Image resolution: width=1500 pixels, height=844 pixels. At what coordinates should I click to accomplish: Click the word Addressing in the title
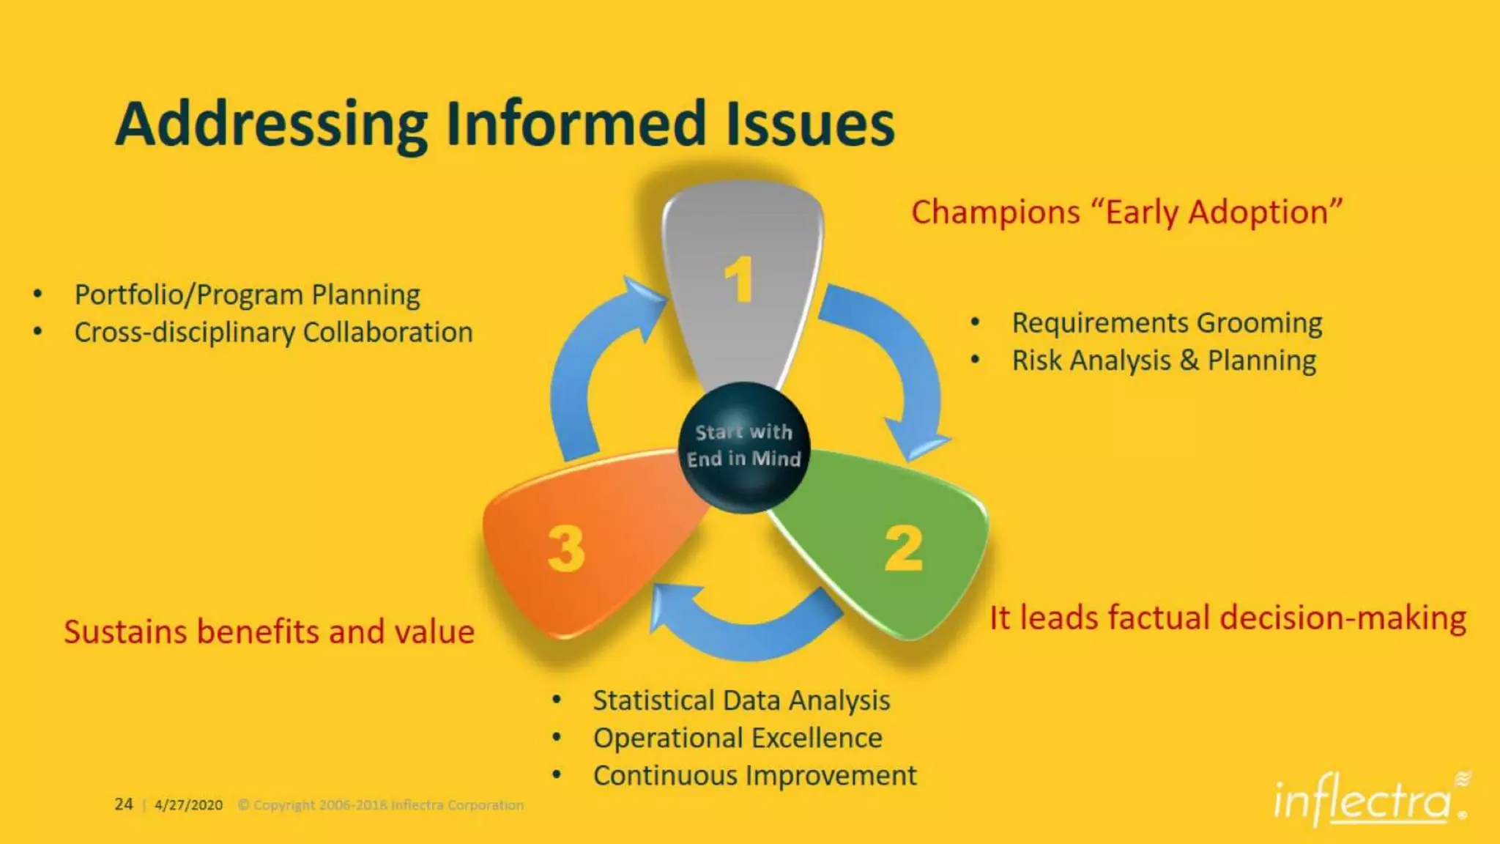click(x=271, y=125)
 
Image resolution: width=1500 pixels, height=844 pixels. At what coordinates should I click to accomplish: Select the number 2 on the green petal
click(x=903, y=549)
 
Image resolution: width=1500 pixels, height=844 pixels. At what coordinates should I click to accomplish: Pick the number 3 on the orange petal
click(x=566, y=549)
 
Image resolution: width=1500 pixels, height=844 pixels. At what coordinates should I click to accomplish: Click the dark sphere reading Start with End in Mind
click(x=743, y=446)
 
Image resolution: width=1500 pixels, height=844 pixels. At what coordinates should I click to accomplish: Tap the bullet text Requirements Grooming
click(x=1167, y=323)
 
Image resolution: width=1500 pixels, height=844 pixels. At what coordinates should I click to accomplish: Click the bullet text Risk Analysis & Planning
click(x=1164, y=360)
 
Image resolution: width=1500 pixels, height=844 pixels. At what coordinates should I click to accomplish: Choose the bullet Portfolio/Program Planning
click(x=247, y=295)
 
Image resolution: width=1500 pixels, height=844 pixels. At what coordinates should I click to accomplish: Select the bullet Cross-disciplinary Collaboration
click(x=273, y=333)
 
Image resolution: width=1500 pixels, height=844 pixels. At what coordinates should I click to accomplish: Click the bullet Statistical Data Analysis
click(x=741, y=700)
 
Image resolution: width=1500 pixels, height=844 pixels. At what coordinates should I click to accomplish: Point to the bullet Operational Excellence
click(x=738, y=738)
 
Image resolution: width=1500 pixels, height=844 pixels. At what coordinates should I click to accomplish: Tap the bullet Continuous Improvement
click(x=754, y=775)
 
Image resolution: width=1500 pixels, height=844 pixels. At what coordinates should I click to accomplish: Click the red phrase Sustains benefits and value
click(x=269, y=632)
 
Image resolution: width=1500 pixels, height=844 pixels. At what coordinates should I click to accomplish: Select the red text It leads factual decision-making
click(x=1228, y=618)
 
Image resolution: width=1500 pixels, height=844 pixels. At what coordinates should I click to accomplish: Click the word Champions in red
click(x=995, y=212)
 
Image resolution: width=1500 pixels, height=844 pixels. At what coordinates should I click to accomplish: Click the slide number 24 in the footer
click(x=123, y=804)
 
